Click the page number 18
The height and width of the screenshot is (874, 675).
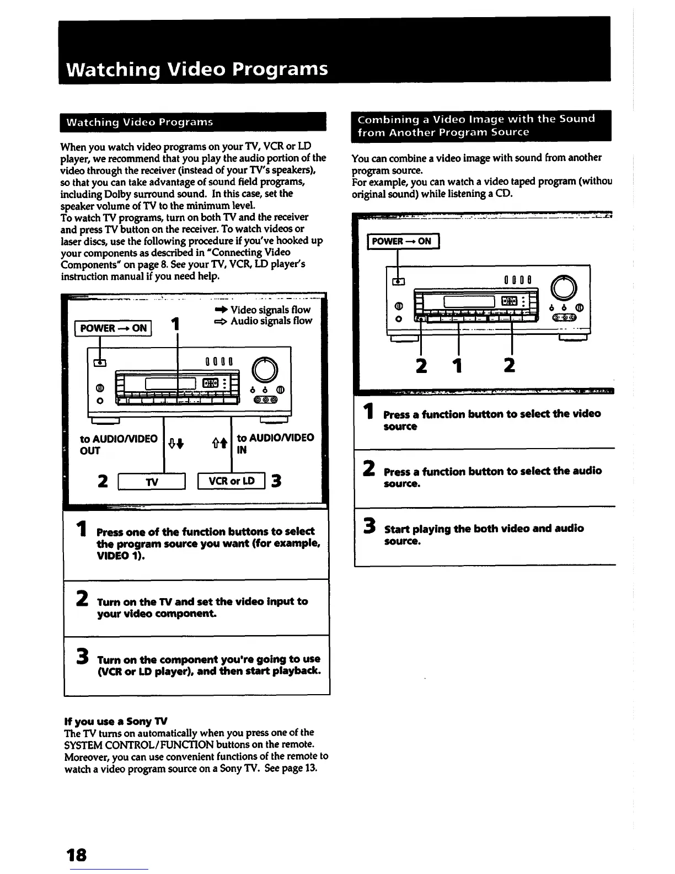point(77,855)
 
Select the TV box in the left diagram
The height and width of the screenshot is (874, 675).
point(152,482)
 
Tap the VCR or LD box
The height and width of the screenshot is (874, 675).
point(232,481)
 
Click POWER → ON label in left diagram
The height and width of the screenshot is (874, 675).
point(114,328)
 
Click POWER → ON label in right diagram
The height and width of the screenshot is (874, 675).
point(402,241)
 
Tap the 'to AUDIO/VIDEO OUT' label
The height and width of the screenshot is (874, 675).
point(119,444)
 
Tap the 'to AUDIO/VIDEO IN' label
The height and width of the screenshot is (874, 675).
point(275,444)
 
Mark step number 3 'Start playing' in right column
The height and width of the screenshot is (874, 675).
point(369,528)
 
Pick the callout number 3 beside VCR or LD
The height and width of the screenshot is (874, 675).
point(276,481)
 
